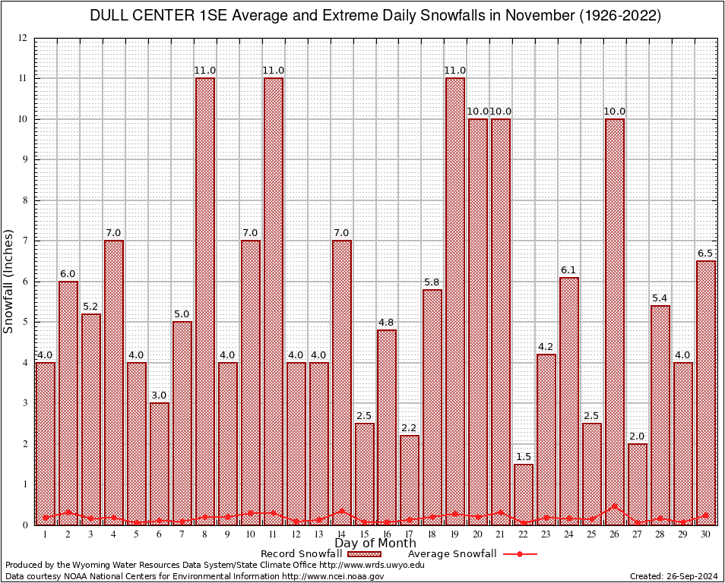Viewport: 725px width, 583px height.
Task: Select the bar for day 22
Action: pos(524,494)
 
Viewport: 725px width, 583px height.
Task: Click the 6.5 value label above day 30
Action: pos(706,254)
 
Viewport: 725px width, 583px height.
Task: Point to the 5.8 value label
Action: pos(432,282)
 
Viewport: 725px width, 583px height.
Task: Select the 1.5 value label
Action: pos(524,457)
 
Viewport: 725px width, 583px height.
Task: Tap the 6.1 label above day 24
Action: pos(569,270)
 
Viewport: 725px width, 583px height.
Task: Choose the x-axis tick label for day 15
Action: pos(364,534)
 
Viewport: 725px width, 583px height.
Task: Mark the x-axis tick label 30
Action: pos(706,534)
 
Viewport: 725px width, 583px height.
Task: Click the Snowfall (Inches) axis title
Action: pos(9,281)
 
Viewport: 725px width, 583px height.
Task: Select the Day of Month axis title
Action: pos(375,544)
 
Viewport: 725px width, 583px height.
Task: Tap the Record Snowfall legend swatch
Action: pos(365,554)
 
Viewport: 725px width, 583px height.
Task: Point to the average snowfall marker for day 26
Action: pos(615,506)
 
